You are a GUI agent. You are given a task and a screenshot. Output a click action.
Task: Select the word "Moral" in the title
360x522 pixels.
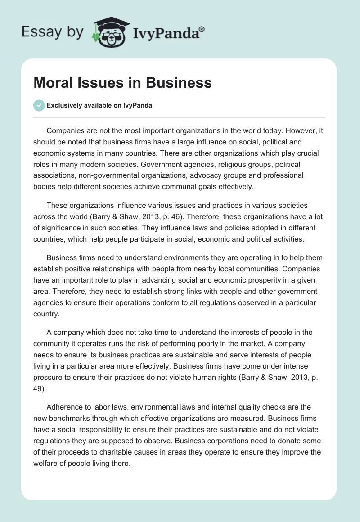click(53, 83)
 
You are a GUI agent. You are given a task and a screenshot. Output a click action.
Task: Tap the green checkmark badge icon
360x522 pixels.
click(39, 105)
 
